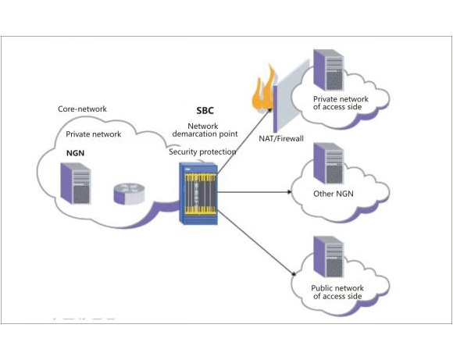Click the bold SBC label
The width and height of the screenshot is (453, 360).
pos(205,110)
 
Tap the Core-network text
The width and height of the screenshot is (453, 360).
pos(82,109)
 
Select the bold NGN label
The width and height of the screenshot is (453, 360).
pos(76,153)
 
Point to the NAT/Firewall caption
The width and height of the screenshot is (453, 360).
pos(281,139)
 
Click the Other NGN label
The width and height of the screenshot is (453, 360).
pos(334,194)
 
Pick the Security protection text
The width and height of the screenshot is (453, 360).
pos(202,151)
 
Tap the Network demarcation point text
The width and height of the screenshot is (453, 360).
pos(205,130)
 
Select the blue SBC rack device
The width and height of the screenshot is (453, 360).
pos(198,194)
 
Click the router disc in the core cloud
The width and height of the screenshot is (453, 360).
pos(129,194)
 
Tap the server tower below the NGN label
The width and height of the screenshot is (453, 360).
pos(76,184)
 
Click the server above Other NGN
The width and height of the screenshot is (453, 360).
pos(329,163)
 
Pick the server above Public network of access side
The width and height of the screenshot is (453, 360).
pos(329,257)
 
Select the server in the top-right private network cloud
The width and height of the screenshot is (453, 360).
pos(329,70)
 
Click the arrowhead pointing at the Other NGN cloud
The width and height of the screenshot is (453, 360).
pos(289,192)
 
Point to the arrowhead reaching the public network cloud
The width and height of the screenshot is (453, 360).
pos(294,273)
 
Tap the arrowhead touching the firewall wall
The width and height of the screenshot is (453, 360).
pos(269,110)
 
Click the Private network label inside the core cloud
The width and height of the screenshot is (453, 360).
pos(93,134)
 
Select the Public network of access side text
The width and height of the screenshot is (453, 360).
pos(337,292)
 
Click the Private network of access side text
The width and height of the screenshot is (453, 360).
pos(341,103)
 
